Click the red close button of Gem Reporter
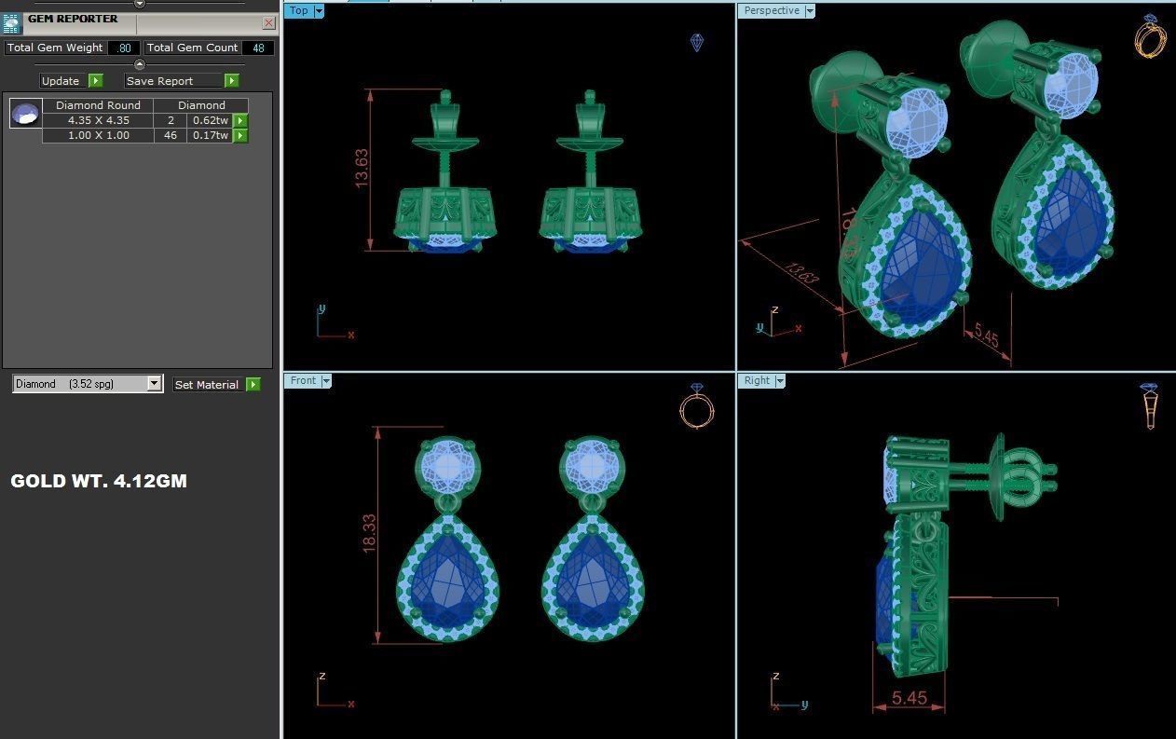[269, 23]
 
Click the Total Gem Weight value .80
[124, 48]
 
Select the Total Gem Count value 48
[258, 48]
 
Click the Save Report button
[173, 81]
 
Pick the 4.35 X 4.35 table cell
[98, 120]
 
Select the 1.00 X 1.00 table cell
[98, 135]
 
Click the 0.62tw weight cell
[210, 120]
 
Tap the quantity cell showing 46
[171, 135]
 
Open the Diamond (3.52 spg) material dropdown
[154, 384]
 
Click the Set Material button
[207, 384]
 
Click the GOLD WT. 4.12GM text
[99, 481]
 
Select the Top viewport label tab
[298, 11]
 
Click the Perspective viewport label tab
[771, 11]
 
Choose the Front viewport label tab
[303, 380]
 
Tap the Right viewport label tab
[757, 380]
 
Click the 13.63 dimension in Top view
[362, 168]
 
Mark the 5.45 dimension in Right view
[909, 698]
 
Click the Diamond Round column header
[98, 105]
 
